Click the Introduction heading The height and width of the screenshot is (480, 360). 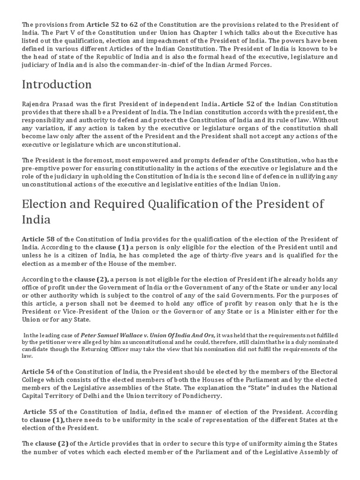tap(56, 85)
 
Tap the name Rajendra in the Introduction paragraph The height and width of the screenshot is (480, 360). tap(36, 104)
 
